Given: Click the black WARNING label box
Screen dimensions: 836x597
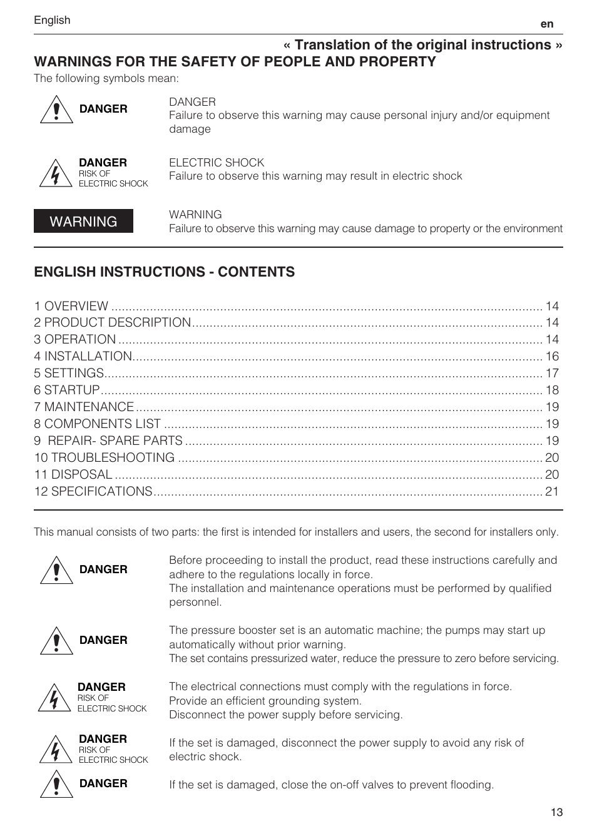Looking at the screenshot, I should pyautogui.click(x=83, y=221).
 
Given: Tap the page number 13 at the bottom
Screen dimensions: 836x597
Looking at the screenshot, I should pyautogui.click(x=556, y=812).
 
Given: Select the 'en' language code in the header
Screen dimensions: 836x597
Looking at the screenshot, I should pyautogui.click(x=547, y=24).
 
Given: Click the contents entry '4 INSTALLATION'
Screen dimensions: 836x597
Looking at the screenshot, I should pyautogui.click(x=83, y=356).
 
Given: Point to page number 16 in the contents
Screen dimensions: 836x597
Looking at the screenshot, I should pyautogui.click(x=552, y=356).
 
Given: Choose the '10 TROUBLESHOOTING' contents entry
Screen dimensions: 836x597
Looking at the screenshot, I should pyautogui.click(x=105, y=457).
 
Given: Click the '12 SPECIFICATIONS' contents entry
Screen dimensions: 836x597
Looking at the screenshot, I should pyautogui.click(x=93, y=491).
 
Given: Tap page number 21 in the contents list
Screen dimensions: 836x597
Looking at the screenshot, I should pyautogui.click(x=552, y=491).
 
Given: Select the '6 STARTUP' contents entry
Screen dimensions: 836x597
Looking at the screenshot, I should pyautogui.click(x=67, y=390).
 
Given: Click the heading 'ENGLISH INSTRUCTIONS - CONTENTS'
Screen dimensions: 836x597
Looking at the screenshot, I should pyautogui.click(x=165, y=272).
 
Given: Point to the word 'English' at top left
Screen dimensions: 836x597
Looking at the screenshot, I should pyautogui.click(x=52, y=20).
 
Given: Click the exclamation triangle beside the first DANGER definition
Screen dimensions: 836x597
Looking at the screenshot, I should pyautogui.click(x=56, y=110).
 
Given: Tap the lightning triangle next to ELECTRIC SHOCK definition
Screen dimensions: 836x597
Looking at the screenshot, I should pyautogui.click(x=55, y=174).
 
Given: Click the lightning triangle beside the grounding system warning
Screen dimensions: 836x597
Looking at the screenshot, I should pyautogui.click(x=54, y=698).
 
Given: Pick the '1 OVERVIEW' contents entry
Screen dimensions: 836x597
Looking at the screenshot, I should pyautogui.click(x=71, y=306).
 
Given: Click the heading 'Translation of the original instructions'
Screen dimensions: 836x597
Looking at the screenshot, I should pyautogui.click(x=423, y=45).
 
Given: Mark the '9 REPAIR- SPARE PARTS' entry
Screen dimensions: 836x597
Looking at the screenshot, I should pyautogui.click(x=109, y=441).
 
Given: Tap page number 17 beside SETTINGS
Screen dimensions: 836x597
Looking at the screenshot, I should pyautogui.click(x=552, y=373).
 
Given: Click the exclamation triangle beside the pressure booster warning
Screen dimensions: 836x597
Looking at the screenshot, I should pyautogui.click(x=56, y=641).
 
